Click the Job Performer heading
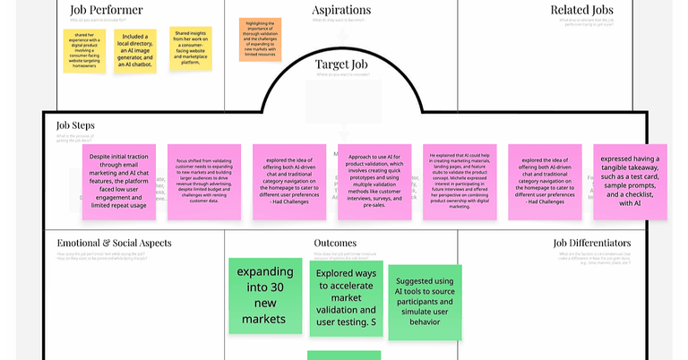pyautogui.click(x=106, y=10)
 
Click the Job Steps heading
pyautogui.click(x=75, y=125)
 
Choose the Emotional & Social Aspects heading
pyautogui.click(x=114, y=243)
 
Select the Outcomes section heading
pyautogui.click(x=334, y=243)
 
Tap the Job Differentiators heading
pyautogui.click(x=591, y=243)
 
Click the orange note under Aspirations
pyautogui.click(x=260, y=39)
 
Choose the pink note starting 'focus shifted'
pyautogui.click(x=205, y=183)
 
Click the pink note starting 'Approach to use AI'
pyautogui.click(x=374, y=183)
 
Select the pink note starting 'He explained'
pyautogui.click(x=460, y=183)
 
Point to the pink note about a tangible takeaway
pyautogui.click(x=630, y=182)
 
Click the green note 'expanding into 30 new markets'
pyautogui.click(x=265, y=295)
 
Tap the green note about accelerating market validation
pyautogui.click(x=346, y=297)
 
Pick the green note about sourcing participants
pyautogui.click(x=425, y=301)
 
